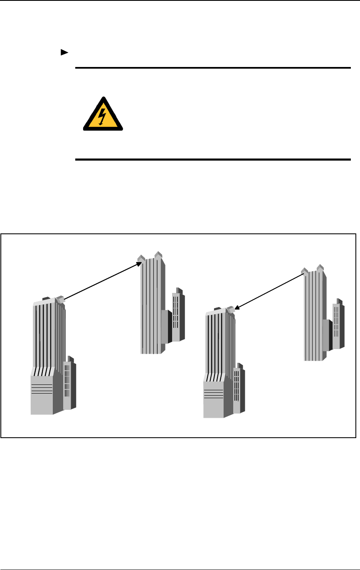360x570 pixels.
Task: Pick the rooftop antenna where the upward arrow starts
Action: click(x=61, y=299)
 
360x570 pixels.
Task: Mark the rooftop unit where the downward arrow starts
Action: click(x=305, y=272)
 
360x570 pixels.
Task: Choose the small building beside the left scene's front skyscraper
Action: click(x=69, y=384)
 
